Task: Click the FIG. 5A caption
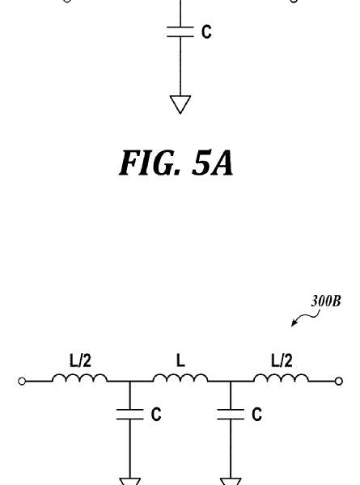(x=176, y=163)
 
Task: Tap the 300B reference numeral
(x=326, y=301)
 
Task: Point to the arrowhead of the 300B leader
(x=293, y=324)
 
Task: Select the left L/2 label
(x=80, y=361)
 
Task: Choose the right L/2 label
(x=282, y=361)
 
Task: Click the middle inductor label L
(x=180, y=361)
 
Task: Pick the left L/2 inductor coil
(x=80, y=378)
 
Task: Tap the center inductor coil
(x=180, y=378)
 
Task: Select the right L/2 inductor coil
(x=281, y=378)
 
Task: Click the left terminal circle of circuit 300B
(x=22, y=382)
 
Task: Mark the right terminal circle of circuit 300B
(x=339, y=382)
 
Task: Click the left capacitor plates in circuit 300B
(x=130, y=415)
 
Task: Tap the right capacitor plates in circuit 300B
(x=231, y=415)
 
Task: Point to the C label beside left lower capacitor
(x=156, y=414)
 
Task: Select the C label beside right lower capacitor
(x=257, y=414)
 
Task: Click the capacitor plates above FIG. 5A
(x=180, y=32)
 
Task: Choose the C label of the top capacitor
(x=206, y=32)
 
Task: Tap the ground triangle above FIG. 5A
(x=180, y=104)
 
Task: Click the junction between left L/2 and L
(x=130, y=382)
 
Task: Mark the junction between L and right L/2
(x=231, y=382)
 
